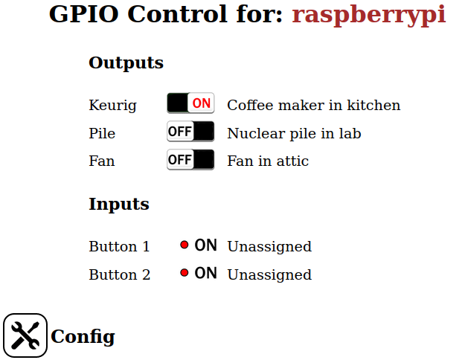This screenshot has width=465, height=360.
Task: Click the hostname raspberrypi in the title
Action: coord(368,14)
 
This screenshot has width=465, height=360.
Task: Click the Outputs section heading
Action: coord(126,62)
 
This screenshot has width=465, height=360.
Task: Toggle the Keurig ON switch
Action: coord(190,104)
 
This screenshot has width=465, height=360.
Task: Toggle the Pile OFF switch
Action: coord(190,132)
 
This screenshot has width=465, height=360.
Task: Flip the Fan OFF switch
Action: coord(190,160)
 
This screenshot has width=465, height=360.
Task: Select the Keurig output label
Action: coord(112,106)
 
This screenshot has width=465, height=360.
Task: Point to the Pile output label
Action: coord(102,134)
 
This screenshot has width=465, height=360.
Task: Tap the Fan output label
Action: coord(102,161)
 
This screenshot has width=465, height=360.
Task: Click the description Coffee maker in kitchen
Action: coord(313,106)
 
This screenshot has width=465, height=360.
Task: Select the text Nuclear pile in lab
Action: coord(294,134)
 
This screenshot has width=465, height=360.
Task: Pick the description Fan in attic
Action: coord(267,161)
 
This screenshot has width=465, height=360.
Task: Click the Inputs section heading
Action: coord(118,204)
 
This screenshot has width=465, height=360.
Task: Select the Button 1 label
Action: coord(119,247)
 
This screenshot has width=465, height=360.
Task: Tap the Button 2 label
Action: coord(119,275)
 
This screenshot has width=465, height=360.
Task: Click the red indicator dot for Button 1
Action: coord(185,245)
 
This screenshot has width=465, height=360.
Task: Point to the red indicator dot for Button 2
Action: coord(185,273)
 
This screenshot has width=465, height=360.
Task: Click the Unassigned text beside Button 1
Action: coord(269,247)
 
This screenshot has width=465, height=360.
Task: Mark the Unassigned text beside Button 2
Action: coord(269,275)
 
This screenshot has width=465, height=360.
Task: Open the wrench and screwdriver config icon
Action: coord(25,335)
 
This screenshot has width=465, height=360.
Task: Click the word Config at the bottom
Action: coord(83,337)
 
